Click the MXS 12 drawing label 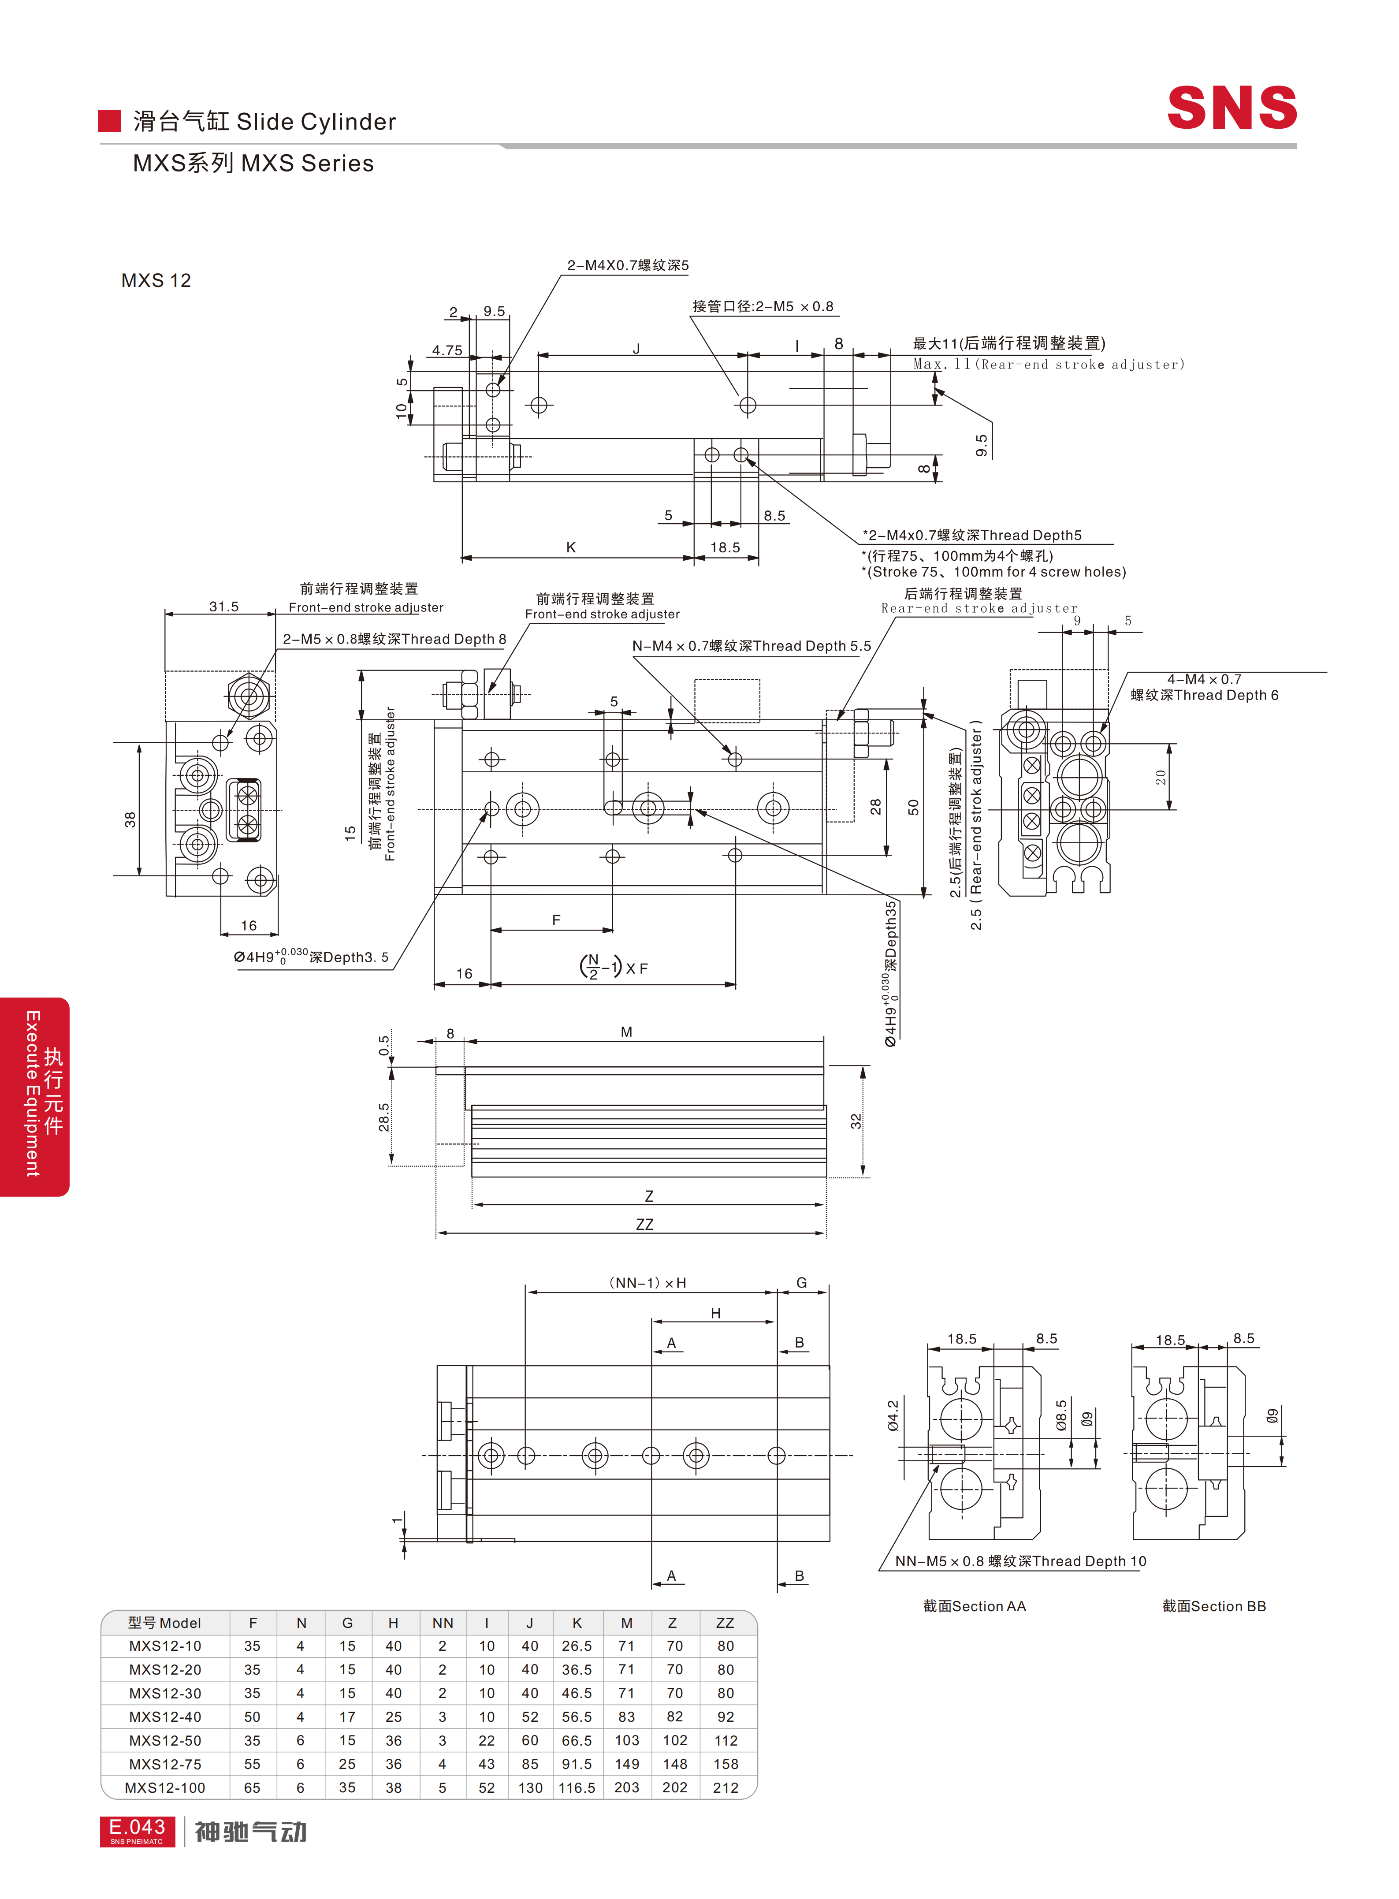(x=156, y=280)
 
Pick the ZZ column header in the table (x=725, y=1623)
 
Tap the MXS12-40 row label (x=165, y=1717)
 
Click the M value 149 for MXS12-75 (x=627, y=1764)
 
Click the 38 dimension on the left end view (x=130, y=819)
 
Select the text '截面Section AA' (x=974, y=1606)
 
